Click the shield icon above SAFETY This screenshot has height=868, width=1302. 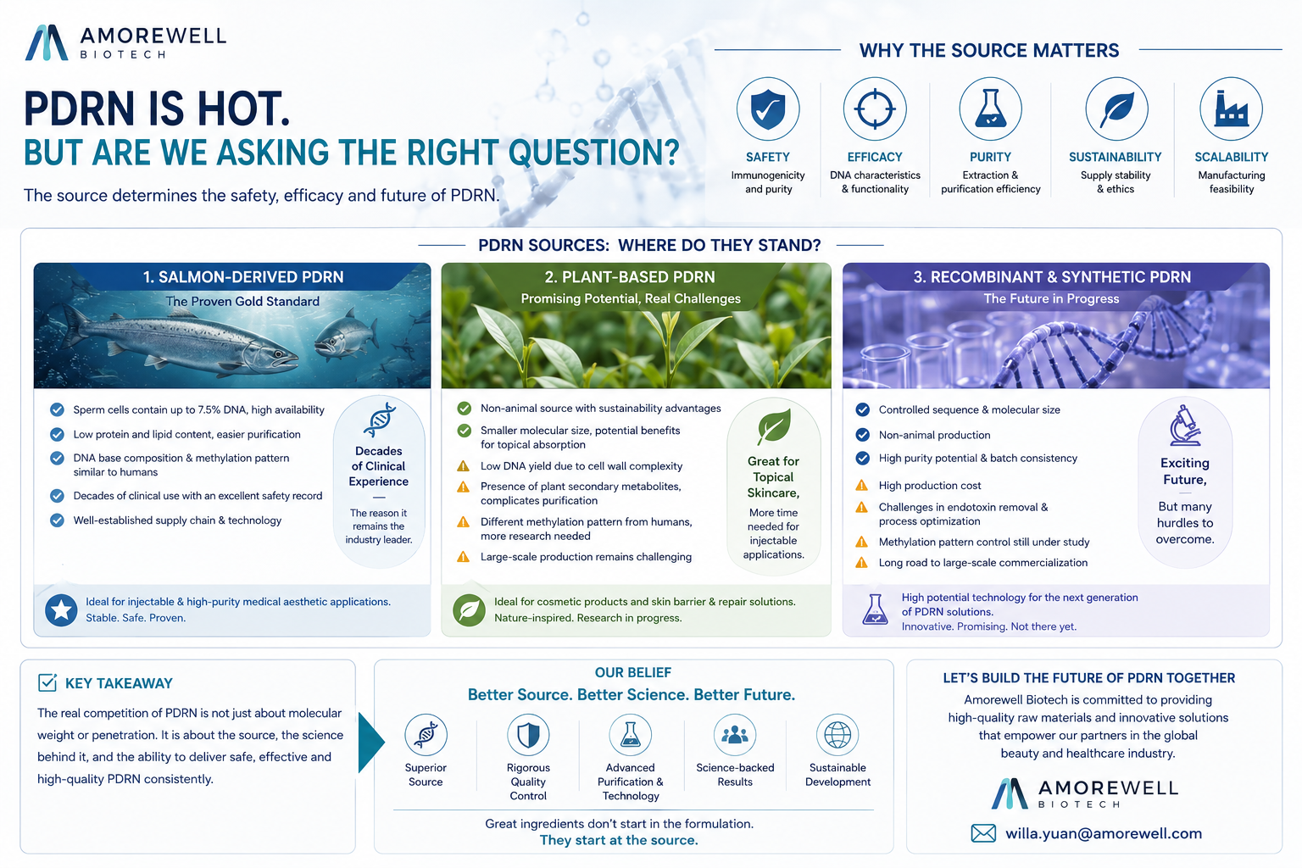(x=768, y=108)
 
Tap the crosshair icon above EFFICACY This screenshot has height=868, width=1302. (x=875, y=108)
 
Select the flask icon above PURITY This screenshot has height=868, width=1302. (x=990, y=108)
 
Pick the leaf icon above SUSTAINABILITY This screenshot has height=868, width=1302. (x=1116, y=109)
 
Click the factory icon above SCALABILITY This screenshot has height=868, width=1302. (x=1231, y=108)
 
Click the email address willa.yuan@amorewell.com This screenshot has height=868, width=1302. (x=1104, y=833)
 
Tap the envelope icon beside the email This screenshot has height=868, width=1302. (x=983, y=833)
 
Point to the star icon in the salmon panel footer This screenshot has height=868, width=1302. (x=61, y=609)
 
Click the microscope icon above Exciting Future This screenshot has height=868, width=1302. (x=1184, y=425)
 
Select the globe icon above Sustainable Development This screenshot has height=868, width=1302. (x=837, y=735)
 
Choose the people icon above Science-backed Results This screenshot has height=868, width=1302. (x=735, y=735)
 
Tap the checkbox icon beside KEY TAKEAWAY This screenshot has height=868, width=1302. (x=47, y=682)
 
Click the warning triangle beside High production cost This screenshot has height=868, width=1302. (x=861, y=485)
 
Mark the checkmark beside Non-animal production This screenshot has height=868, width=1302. (x=863, y=435)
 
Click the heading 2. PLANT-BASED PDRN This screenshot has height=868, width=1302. (x=630, y=276)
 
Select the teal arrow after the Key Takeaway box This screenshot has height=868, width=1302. (x=370, y=743)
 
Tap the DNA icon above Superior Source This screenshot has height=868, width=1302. (x=426, y=735)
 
